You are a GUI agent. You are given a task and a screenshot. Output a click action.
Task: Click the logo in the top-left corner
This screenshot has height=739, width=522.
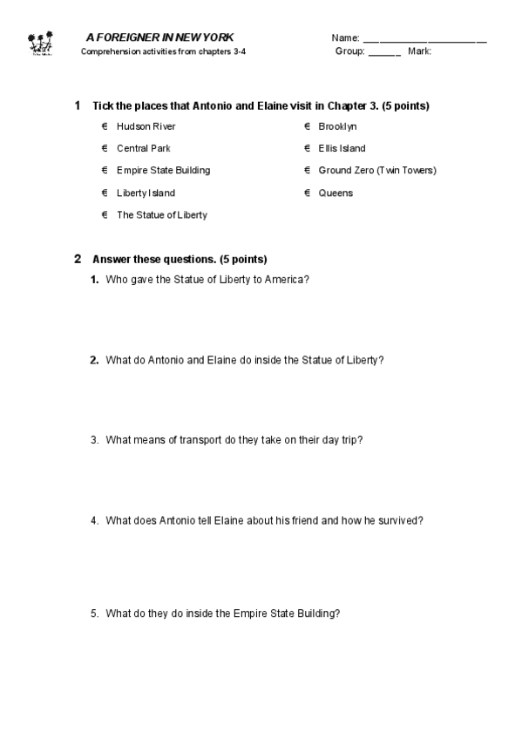point(41,44)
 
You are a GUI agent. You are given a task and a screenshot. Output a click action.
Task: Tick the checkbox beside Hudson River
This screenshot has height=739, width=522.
point(105,126)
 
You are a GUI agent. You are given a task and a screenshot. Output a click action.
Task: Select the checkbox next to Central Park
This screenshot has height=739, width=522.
point(105,148)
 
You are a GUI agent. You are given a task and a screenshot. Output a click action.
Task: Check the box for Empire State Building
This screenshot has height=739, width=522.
point(105,170)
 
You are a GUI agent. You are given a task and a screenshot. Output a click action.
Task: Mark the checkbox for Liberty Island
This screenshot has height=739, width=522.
point(105,193)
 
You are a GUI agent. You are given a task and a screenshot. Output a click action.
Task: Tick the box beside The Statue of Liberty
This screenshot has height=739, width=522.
point(105,214)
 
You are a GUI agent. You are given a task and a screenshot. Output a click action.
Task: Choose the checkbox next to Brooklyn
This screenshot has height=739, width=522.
point(307,126)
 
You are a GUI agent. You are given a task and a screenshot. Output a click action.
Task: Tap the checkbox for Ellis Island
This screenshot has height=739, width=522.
point(307,148)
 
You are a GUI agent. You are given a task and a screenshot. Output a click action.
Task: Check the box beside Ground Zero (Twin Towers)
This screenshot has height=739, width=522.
point(307,170)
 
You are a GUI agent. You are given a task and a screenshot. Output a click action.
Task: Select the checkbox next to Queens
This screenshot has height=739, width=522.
point(307,193)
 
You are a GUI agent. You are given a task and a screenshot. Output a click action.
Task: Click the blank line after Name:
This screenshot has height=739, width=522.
point(424,40)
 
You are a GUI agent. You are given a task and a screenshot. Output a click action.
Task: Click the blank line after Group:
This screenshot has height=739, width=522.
point(384,53)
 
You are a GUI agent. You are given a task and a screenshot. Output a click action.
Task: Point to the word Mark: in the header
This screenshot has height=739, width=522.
point(419,51)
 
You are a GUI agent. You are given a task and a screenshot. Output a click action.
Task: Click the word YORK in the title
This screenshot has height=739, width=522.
point(218,37)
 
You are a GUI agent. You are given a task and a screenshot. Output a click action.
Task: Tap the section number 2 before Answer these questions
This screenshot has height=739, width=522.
point(78,259)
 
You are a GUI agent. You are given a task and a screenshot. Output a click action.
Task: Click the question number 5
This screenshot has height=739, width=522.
point(94,614)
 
